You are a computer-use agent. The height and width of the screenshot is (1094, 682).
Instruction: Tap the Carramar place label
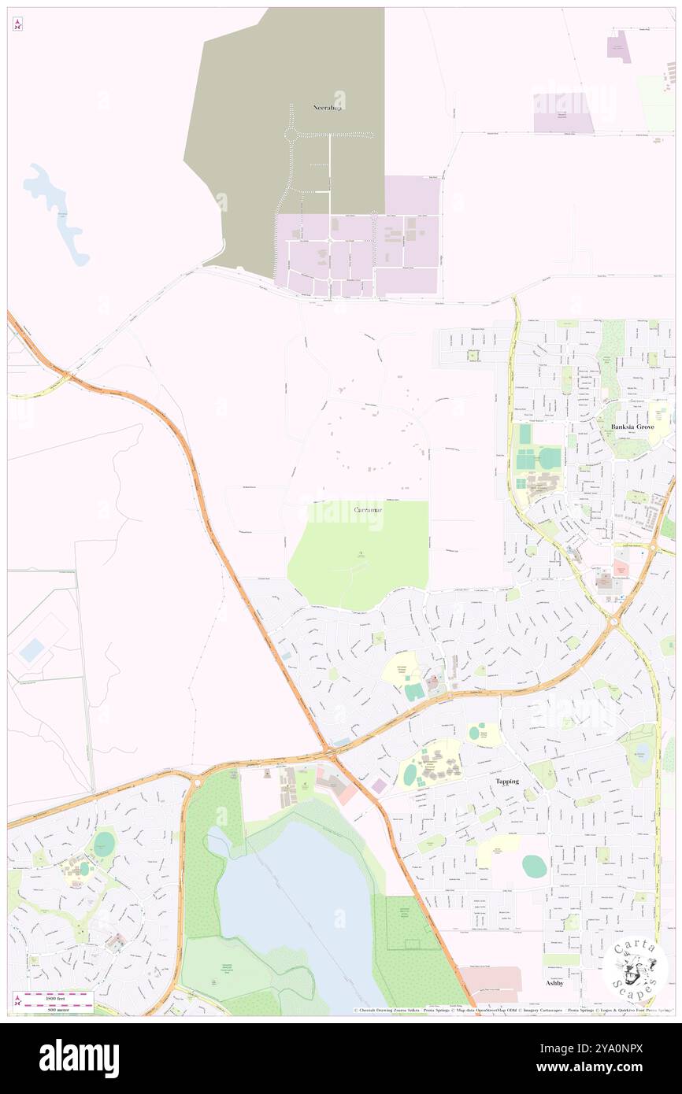pyautogui.click(x=369, y=511)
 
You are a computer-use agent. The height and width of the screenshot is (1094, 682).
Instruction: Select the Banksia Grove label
pyautogui.click(x=632, y=427)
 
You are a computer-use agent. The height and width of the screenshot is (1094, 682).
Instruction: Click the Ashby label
pyautogui.click(x=554, y=983)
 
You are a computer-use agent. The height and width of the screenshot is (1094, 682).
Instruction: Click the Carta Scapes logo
pyautogui.click(x=635, y=969)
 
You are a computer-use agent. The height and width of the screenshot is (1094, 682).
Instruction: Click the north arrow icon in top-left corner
pyautogui.click(x=17, y=24)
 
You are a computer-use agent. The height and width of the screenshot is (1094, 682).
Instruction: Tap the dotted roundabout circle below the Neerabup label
pyautogui.click(x=291, y=135)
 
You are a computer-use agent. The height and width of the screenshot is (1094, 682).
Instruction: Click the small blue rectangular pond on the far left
pyautogui.click(x=32, y=649)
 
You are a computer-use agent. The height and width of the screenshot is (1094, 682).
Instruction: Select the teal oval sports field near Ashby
pyautogui.click(x=534, y=866)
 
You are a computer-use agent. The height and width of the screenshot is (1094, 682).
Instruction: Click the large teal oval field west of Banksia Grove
pyautogui.click(x=550, y=457)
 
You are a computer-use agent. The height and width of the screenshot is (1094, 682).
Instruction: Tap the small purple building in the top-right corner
pyautogui.click(x=618, y=46)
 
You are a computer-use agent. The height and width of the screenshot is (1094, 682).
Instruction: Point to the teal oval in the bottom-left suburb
pyautogui.click(x=104, y=845)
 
